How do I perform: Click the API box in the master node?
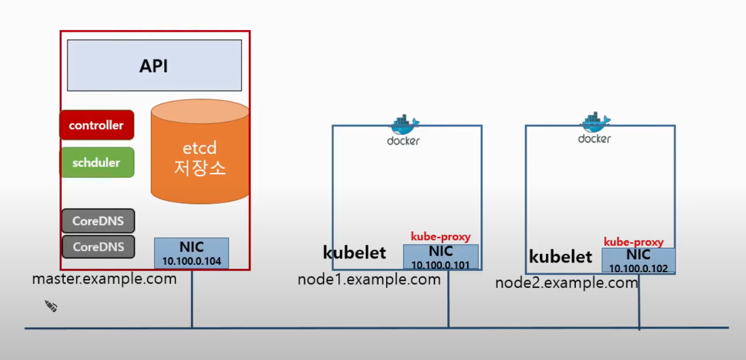[x=154, y=65]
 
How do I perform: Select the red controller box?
[x=96, y=125]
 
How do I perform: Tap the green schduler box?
[x=96, y=163]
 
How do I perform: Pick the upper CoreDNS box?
[x=98, y=221]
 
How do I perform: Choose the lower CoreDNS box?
[x=98, y=247]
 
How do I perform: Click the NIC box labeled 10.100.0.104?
[x=192, y=253]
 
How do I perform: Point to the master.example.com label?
[x=104, y=279]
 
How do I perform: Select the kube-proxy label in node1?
[x=440, y=237]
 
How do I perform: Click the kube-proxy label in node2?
[x=633, y=242]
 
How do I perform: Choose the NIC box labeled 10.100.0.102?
[x=638, y=261]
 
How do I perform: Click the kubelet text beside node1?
[x=354, y=253]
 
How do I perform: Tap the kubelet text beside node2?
[x=560, y=257]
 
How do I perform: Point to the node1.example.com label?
[x=369, y=279]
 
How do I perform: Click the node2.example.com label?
[x=566, y=283]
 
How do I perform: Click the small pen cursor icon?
[x=51, y=307]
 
